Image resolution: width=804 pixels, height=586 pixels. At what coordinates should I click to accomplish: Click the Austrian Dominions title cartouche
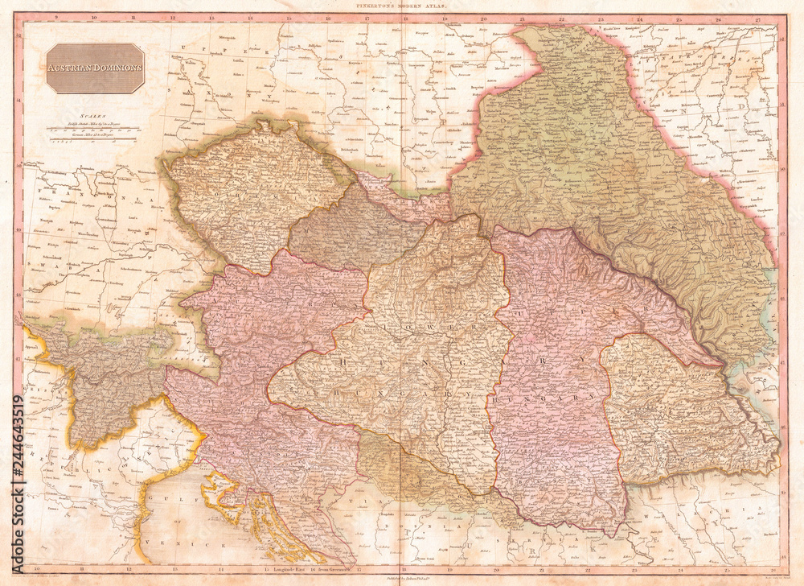[x=95, y=68]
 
